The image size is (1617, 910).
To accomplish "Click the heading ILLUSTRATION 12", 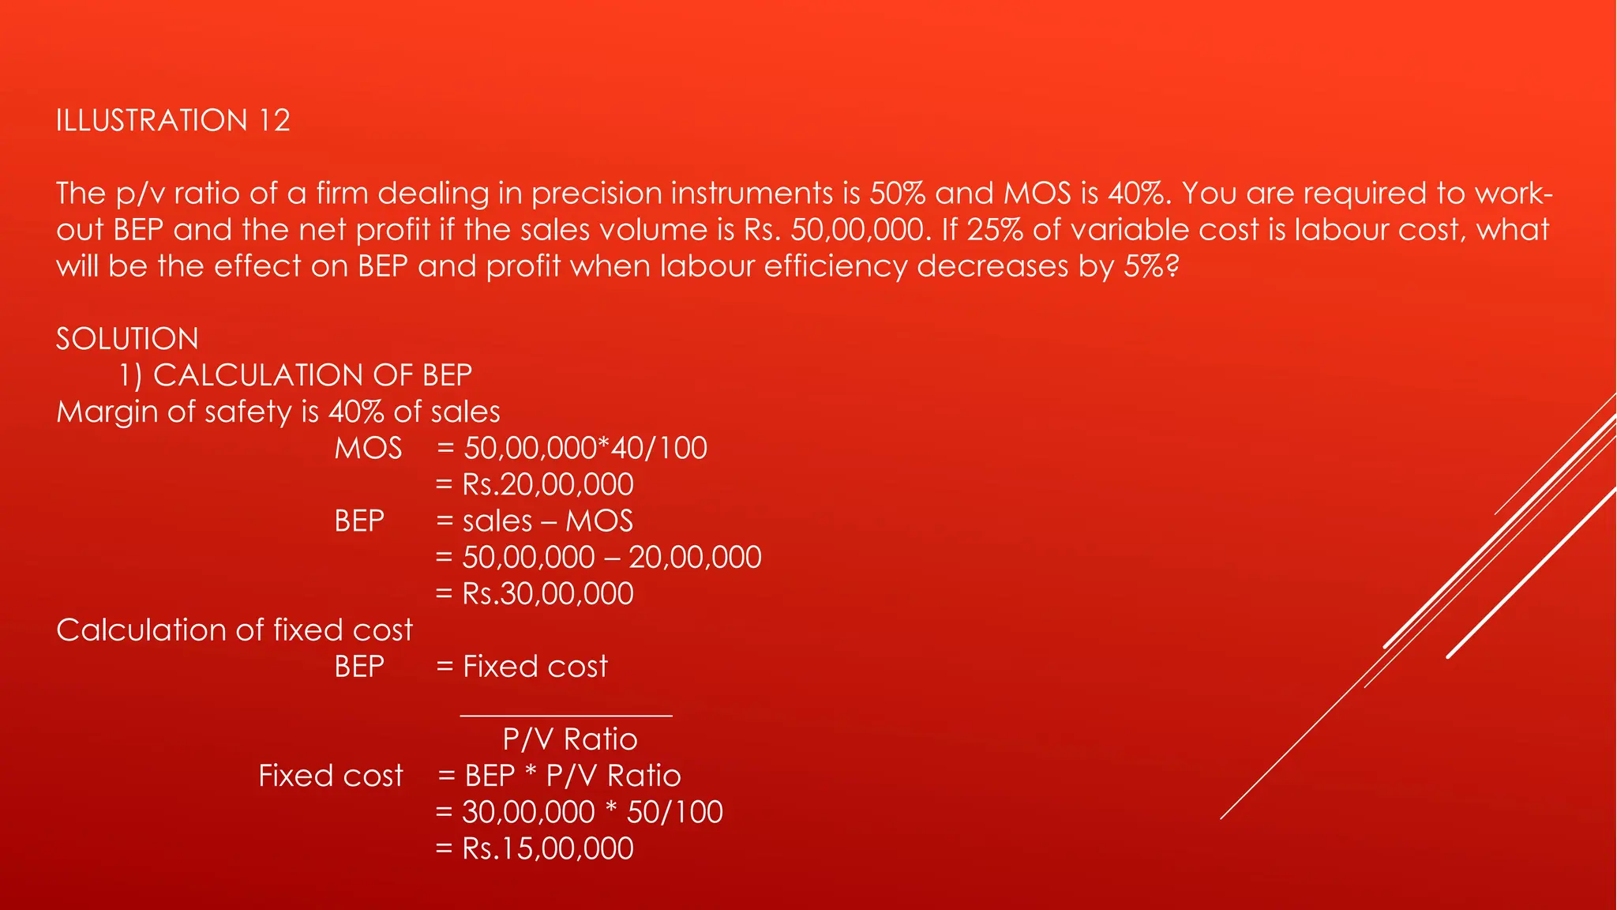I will [173, 121].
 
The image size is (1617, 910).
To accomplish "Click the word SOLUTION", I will [127, 339].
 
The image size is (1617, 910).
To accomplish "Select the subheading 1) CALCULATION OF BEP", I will [295, 375].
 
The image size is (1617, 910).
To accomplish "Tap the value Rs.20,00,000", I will [548, 485].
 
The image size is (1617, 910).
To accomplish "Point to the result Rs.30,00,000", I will [548, 594].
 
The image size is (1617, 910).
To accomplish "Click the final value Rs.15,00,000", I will [548, 848].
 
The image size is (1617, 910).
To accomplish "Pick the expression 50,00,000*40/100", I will [585, 449].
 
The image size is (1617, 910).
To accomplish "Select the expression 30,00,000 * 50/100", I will [592, 812].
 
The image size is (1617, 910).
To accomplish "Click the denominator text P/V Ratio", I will [569, 739].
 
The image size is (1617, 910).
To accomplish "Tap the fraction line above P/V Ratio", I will [566, 716].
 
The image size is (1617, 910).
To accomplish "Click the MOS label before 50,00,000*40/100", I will [368, 449].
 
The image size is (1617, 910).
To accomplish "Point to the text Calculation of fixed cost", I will [234, 630].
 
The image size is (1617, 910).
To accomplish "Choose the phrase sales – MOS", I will [548, 521].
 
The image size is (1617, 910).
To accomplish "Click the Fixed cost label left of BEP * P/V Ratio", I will [331, 776].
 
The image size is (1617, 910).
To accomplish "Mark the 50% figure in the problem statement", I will [898, 194].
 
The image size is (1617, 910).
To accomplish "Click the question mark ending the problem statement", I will [1172, 266].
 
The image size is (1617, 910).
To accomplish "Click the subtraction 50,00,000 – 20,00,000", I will [612, 558].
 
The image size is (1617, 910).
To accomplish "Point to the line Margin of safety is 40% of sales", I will [278, 412].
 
